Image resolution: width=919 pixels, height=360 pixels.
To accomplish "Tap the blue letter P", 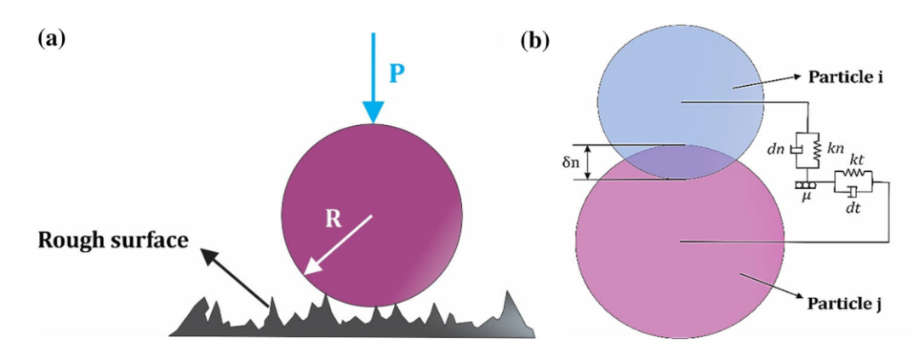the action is (397, 76).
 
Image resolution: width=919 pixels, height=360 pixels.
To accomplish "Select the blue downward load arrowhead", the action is (373, 112).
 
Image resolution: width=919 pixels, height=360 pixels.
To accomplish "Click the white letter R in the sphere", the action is (333, 219).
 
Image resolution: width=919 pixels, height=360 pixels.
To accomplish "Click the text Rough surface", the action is (114, 239).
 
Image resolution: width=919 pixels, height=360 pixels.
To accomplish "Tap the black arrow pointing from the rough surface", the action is (235, 277).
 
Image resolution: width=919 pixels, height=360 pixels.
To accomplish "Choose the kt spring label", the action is (854, 161).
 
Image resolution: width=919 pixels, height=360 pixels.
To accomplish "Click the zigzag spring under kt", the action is (853, 174).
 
